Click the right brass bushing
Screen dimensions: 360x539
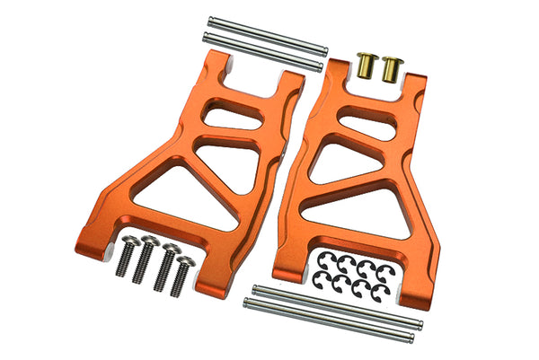coord(392,67)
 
